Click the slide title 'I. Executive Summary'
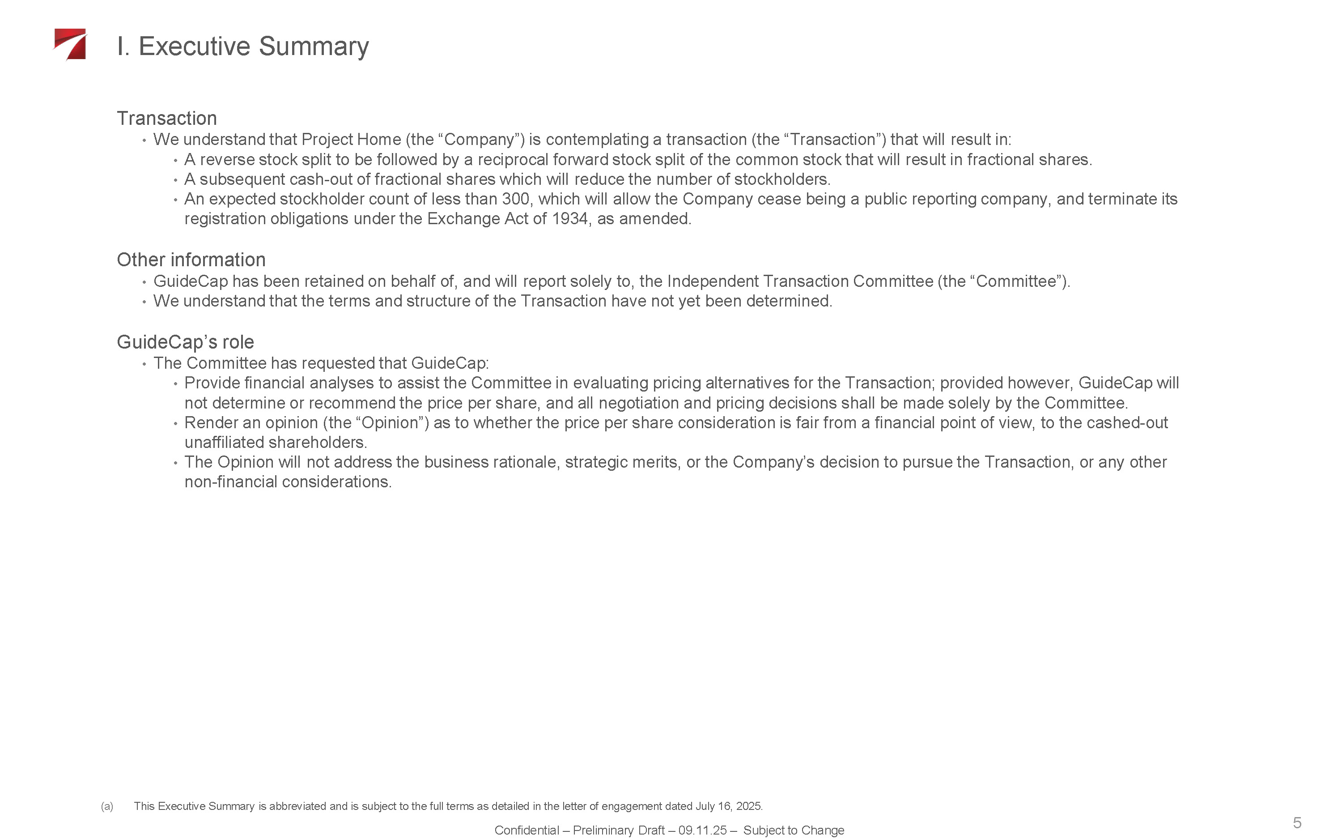coord(242,46)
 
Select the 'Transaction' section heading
coord(166,118)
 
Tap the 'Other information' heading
coord(191,260)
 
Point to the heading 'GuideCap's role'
coord(185,342)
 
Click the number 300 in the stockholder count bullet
coord(515,199)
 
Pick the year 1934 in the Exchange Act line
coord(569,219)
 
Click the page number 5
coord(1296,822)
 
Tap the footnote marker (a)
coord(107,806)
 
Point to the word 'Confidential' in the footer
coord(526,830)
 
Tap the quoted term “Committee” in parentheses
coord(1015,281)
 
